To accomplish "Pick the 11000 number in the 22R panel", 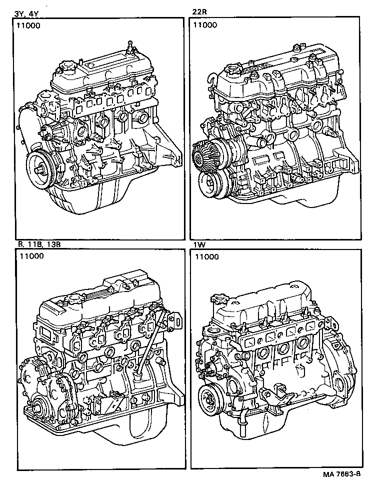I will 205,25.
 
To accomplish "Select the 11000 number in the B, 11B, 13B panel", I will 31,256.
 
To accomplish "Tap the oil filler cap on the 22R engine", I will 234,70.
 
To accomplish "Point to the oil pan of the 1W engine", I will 280,440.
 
